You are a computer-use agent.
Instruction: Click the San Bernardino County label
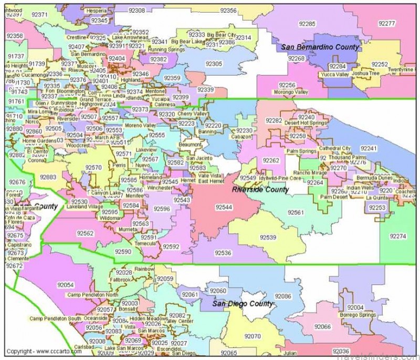[320, 47]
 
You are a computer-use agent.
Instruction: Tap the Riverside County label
[260, 189]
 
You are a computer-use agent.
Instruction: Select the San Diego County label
[243, 304]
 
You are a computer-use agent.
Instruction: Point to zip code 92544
[223, 207]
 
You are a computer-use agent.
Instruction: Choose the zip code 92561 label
[296, 212]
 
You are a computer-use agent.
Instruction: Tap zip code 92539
[268, 238]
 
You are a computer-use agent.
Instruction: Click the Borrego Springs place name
[358, 314]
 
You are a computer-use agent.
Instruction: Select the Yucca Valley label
[335, 74]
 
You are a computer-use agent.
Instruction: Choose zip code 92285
[307, 24]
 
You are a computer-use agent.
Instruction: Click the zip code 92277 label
[386, 24]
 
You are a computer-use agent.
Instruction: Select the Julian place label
[289, 353]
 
